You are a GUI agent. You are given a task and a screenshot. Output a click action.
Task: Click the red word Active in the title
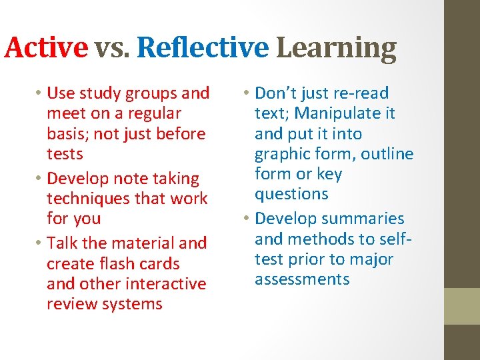[x=46, y=48]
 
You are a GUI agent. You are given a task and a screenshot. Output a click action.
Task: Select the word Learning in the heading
[x=336, y=48]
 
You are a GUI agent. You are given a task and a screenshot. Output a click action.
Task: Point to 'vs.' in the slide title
[x=112, y=48]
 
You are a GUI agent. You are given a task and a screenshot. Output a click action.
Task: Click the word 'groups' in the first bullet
[x=151, y=93]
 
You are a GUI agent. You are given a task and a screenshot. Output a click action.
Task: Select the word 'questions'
[x=291, y=194]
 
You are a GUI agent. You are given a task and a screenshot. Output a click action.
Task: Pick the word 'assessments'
[x=302, y=279]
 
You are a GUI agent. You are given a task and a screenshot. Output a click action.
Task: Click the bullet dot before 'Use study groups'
[x=40, y=93]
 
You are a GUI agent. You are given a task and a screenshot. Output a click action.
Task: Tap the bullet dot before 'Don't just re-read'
[x=247, y=93]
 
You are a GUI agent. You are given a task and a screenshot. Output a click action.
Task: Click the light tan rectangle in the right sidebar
[x=462, y=306]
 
